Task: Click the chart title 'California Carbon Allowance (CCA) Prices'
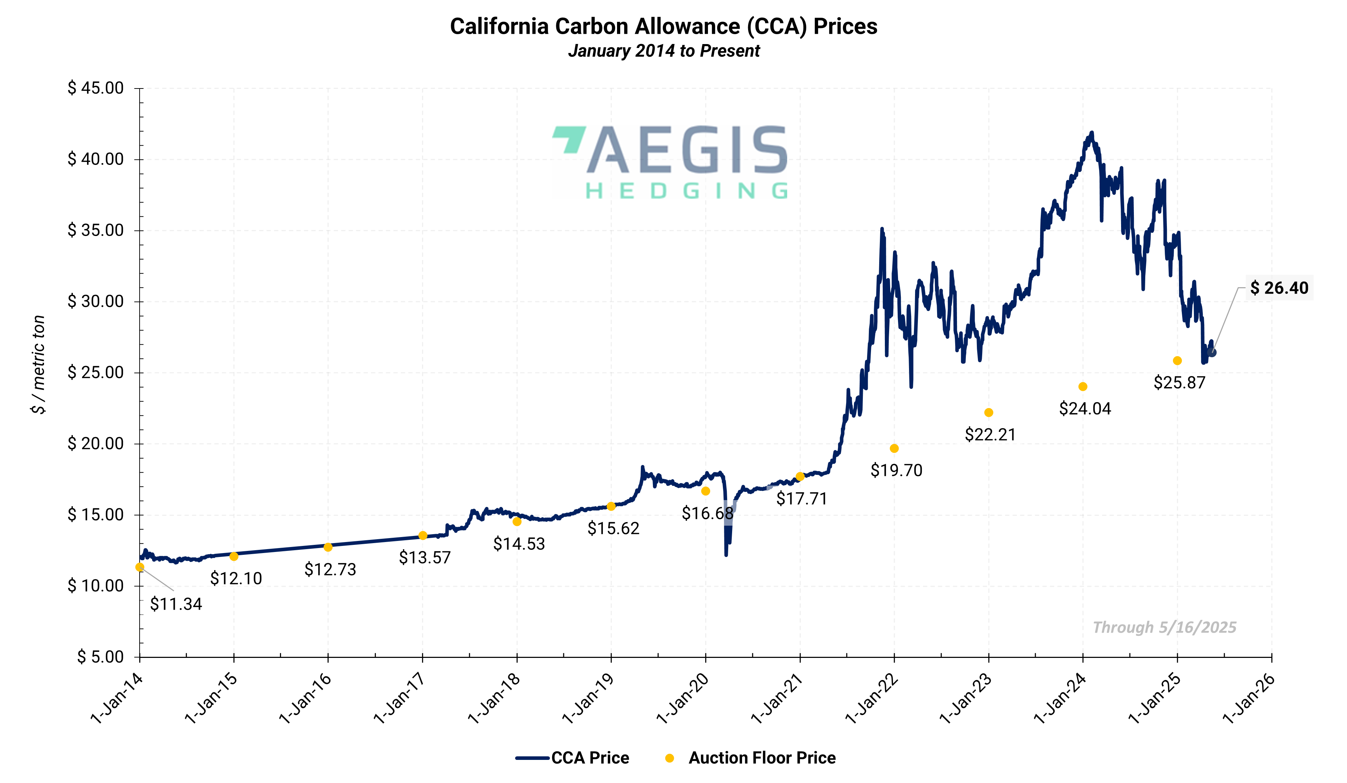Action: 663,27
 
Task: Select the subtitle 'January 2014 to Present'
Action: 663,51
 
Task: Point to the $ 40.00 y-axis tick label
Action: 96,159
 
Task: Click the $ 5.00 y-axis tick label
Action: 101,657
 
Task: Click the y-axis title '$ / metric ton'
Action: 38,365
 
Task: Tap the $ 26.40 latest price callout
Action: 1279,288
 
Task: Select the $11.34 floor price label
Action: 176,604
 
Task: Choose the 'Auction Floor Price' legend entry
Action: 762,758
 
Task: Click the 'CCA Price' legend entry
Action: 590,758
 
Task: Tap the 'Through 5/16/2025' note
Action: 1164,627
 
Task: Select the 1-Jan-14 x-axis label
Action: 117,698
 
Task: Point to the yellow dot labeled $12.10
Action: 234,557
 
